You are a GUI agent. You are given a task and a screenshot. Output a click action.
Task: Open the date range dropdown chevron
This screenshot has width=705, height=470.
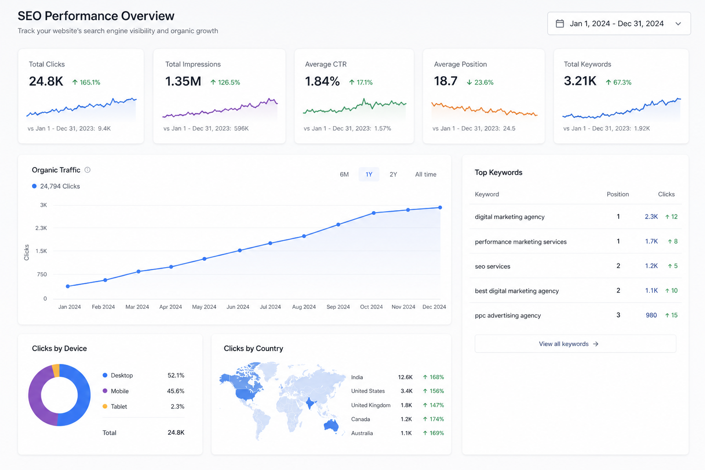(x=678, y=23)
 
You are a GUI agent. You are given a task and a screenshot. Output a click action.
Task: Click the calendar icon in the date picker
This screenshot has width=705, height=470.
(x=560, y=23)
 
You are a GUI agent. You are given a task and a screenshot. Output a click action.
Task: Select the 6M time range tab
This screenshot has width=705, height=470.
(x=344, y=174)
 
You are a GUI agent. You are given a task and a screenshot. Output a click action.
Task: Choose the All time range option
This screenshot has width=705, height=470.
(x=425, y=174)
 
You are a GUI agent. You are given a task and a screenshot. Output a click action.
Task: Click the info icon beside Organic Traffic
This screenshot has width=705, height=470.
(x=88, y=170)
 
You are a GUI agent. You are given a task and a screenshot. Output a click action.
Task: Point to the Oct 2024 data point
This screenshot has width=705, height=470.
(x=374, y=213)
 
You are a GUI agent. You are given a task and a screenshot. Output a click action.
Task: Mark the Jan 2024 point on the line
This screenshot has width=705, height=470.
(x=67, y=286)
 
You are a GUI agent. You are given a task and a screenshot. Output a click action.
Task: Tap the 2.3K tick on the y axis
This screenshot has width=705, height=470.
(x=41, y=228)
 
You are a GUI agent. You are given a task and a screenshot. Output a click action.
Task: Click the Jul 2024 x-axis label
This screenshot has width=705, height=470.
(x=270, y=307)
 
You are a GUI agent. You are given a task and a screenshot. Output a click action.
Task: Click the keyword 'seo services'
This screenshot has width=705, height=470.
(x=492, y=266)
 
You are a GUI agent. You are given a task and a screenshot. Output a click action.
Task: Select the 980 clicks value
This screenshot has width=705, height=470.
(x=651, y=315)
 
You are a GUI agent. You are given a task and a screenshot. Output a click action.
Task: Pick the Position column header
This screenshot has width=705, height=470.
(x=618, y=194)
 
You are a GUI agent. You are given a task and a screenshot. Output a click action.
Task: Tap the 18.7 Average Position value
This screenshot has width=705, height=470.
(x=445, y=81)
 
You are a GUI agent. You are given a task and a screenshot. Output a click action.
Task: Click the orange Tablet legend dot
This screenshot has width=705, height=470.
(x=105, y=406)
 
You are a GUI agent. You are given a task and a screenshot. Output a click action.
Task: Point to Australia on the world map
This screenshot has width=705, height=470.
(x=331, y=425)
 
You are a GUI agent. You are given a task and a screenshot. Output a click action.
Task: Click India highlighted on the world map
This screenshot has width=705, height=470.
(x=310, y=403)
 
